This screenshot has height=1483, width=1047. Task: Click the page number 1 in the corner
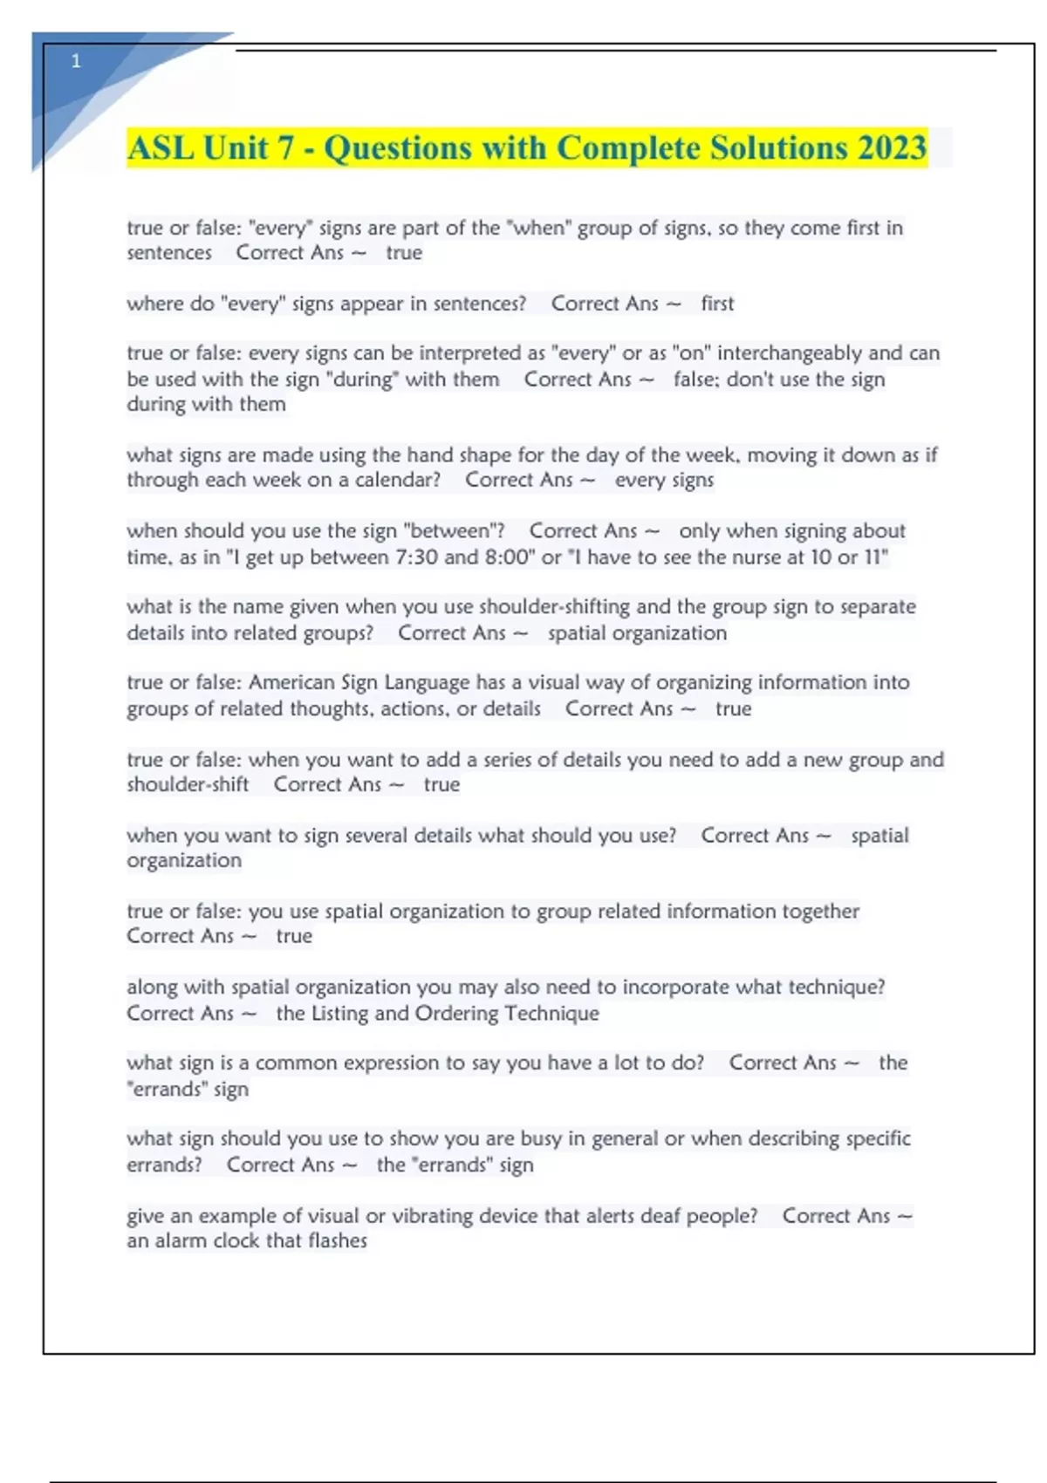(76, 61)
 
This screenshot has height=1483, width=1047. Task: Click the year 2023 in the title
(891, 148)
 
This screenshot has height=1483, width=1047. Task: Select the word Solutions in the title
(778, 148)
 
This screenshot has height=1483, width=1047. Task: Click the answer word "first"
(717, 304)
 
